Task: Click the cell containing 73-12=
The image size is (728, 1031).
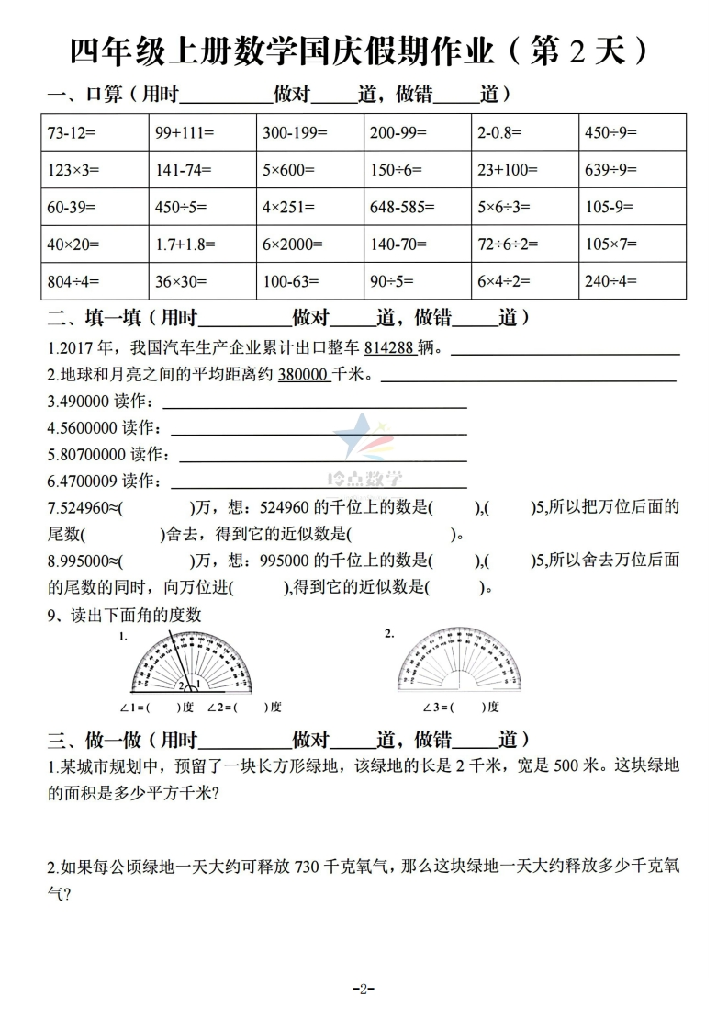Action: [95, 132]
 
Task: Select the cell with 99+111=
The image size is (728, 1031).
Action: [202, 132]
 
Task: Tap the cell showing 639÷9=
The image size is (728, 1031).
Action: [633, 169]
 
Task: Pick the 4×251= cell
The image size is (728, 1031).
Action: [309, 207]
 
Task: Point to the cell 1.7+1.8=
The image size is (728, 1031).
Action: [202, 244]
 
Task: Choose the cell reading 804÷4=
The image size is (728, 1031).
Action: [95, 281]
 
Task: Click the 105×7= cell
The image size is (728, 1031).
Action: [633, 244]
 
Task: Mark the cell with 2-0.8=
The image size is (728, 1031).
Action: [525, 132]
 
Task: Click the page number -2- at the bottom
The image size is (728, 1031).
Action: [364, 989]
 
